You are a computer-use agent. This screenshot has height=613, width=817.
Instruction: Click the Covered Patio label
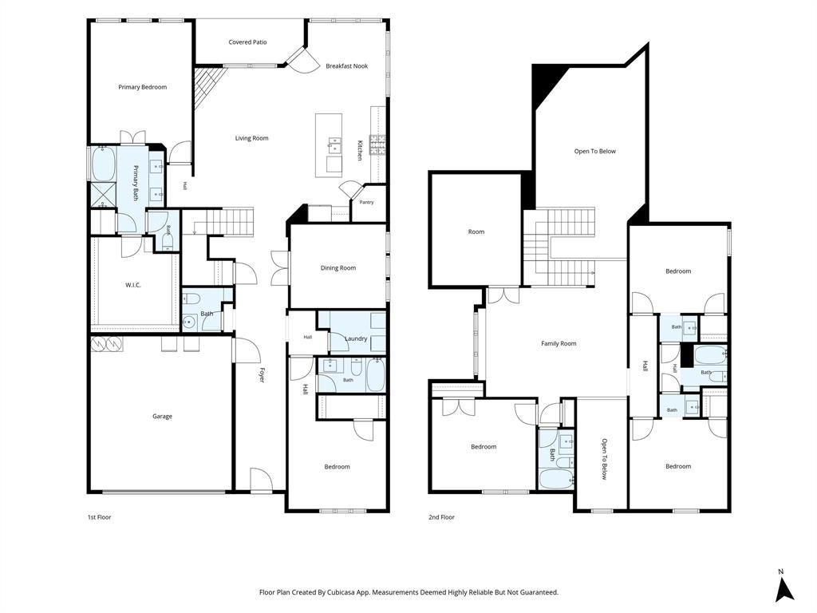pos(247,42)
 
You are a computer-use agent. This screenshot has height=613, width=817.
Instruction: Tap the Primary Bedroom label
pos(142,87)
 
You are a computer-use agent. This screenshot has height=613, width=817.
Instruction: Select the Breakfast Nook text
pos(346,66)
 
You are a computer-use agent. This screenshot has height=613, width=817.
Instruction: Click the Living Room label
pos(251,138)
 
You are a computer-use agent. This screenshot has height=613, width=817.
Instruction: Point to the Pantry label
pos(366,202)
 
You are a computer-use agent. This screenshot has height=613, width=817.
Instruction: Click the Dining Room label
pos(338,268)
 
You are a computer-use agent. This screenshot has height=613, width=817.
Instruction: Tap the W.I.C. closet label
pos(133,285)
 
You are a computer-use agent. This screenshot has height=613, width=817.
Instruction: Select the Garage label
pos(162,417)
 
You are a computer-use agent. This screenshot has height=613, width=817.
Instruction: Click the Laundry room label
pos(356,338)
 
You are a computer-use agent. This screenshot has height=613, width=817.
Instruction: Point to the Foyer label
pos(262,375)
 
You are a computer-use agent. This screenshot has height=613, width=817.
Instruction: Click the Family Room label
pos(558,343)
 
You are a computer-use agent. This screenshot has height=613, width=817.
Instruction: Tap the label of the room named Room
pos(476,232)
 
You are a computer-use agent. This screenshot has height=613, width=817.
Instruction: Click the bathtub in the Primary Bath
pos(104,163)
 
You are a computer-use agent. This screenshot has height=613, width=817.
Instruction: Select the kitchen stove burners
pos(377,145)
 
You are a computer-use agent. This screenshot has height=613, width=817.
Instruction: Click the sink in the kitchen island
pos(334,145)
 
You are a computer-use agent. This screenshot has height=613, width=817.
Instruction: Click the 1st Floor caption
pos(99,517)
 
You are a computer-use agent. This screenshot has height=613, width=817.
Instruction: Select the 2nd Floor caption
pos(441,517)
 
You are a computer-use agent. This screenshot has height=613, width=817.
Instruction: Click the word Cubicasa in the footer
pos(343,592)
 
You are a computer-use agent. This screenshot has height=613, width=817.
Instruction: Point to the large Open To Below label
pos(594,151)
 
